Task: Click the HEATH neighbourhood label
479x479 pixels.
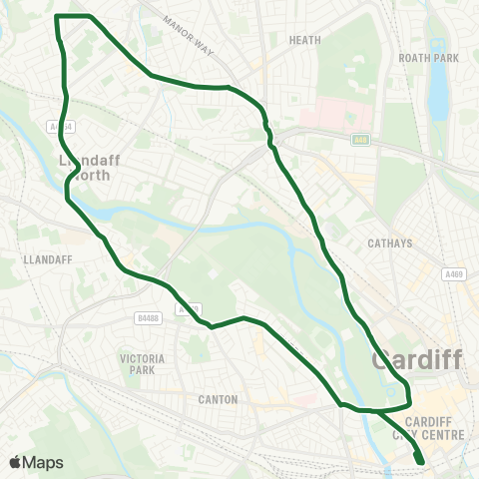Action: point(303,40)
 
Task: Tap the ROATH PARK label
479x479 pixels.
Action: point(428,58)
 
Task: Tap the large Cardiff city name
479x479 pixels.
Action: point(416,359)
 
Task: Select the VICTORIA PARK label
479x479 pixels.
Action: point(135,363)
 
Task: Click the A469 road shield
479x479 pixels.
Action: point(455,273)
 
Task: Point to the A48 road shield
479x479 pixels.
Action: point(359,141)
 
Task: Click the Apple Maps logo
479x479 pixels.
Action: point(35,462)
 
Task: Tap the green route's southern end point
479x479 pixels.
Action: point(419,461)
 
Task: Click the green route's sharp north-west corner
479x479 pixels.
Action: point(56,17)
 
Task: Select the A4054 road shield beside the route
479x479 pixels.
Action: point(60,127)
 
